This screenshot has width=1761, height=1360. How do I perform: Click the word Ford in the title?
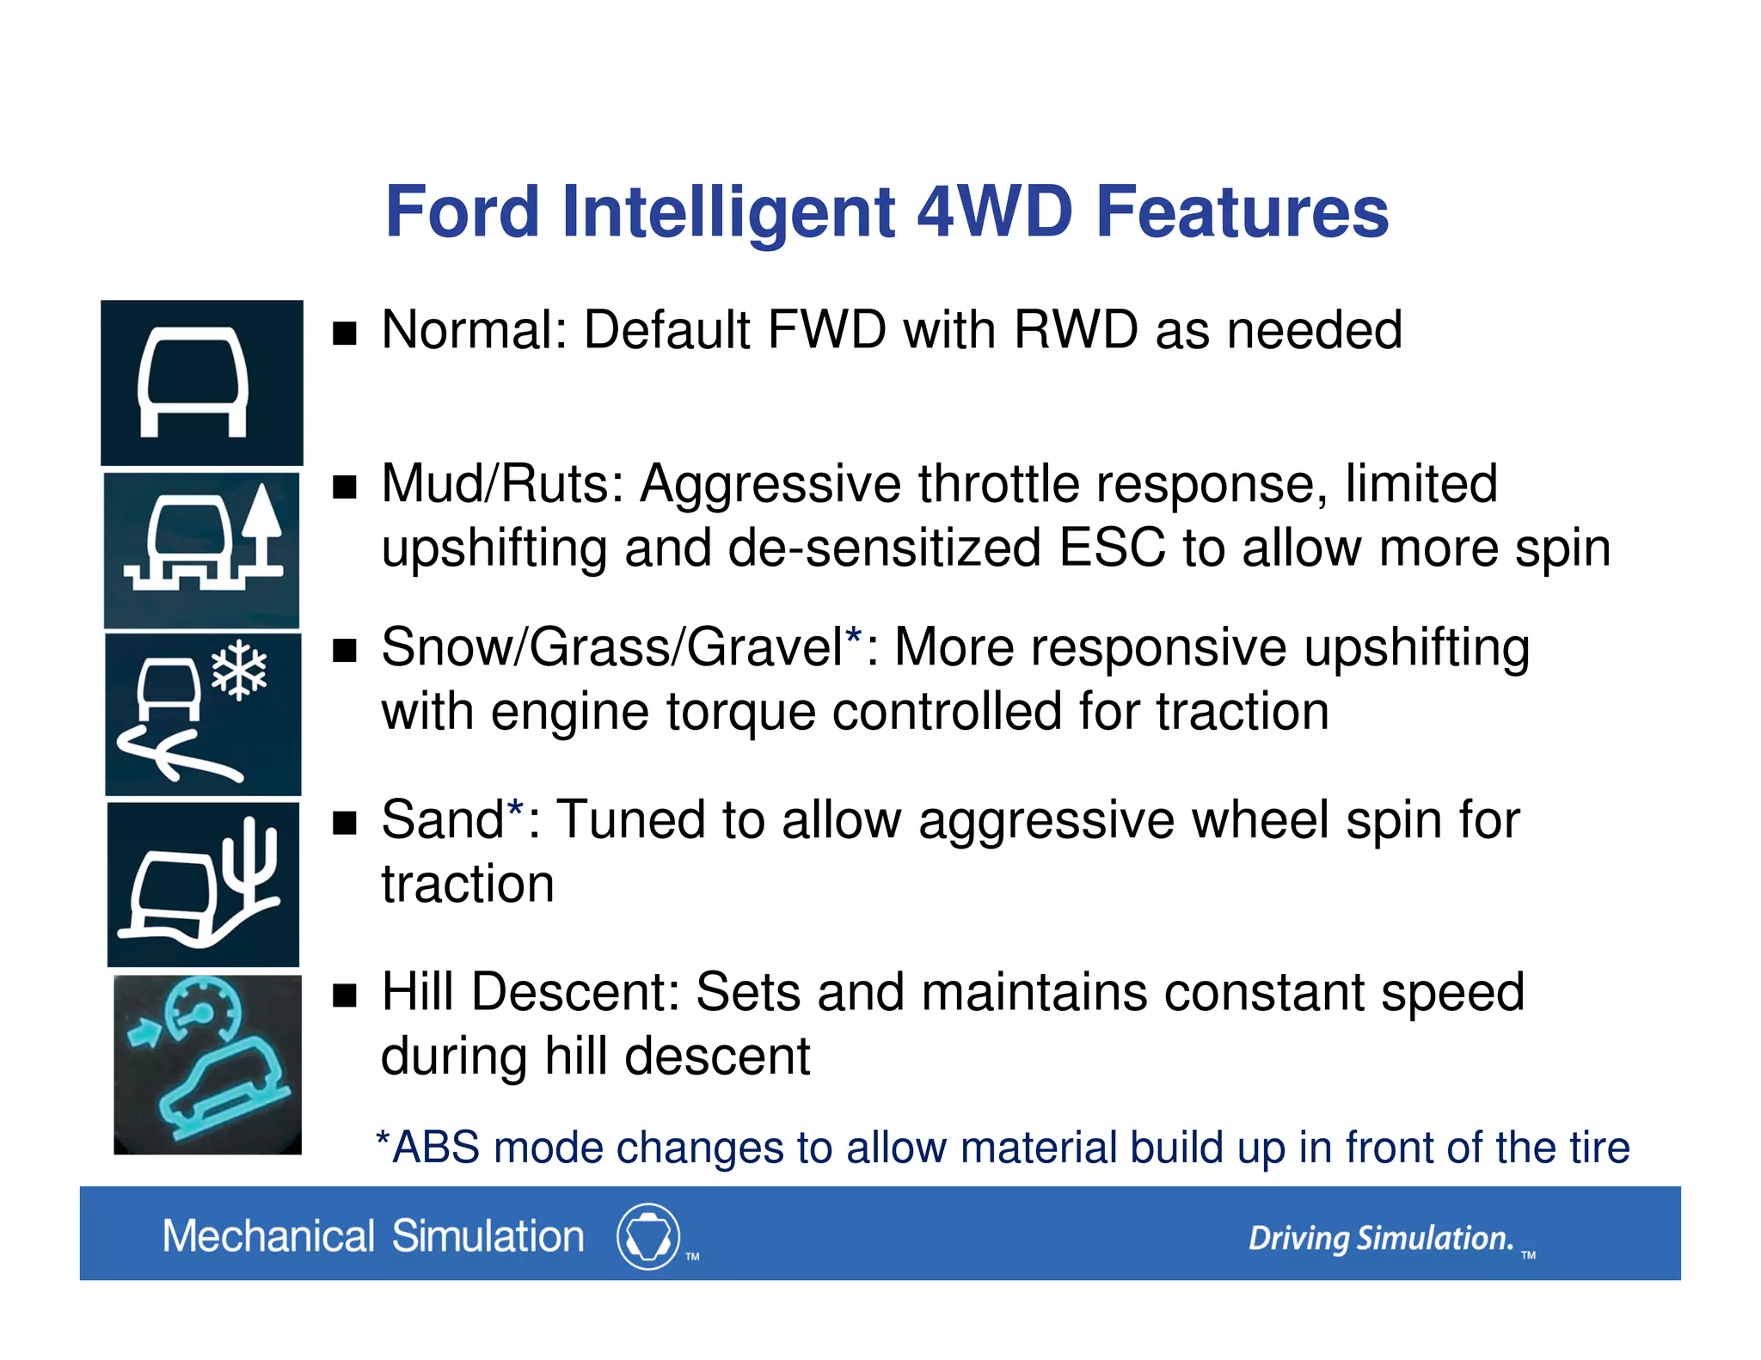coord(462,212)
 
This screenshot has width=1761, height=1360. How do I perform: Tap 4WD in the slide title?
coord(995,212)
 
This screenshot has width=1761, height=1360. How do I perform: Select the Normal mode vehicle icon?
coord(193,383)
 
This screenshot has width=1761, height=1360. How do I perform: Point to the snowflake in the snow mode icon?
coord(239,670)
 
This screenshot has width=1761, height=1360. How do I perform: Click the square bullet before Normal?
coord(345,334)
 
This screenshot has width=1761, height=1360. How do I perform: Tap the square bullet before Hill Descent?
coord(345,995)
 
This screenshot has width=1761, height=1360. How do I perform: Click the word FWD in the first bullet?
coord(825,330)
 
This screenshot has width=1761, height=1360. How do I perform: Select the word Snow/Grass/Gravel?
coord(612,647)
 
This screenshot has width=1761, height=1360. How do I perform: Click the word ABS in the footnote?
coord(436,1149)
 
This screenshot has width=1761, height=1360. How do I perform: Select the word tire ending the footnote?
coord(1599,1149)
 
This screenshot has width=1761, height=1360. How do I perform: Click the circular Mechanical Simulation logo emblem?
coord(648,1236)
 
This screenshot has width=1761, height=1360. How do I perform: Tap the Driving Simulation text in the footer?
coord(1380,1239)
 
